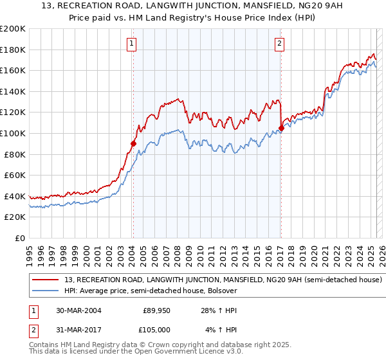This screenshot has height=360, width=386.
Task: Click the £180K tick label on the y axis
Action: click(x=13, y=50)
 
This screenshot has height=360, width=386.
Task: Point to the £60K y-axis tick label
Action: click(x=15, y=175)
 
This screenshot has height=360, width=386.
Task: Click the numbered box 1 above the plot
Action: click(x=131, y=44)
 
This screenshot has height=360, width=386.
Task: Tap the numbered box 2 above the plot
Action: click(x=280, y=44)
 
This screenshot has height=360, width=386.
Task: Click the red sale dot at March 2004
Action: click(x=133, y=144)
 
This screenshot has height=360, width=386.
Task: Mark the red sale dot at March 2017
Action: click(x=281, y=128)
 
